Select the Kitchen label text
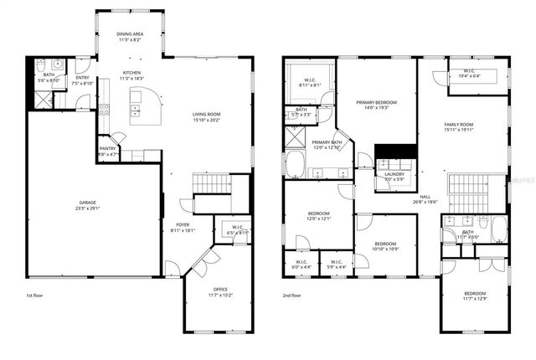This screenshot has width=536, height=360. (x=132, y=73)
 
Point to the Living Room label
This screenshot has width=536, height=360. (x=205, y=115)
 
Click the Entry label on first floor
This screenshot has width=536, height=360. (x=82, y=79)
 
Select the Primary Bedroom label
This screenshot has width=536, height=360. (x=374, y=102)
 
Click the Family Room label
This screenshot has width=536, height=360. (x=459, y=125)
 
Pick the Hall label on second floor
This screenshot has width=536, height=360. (x=425, y=198)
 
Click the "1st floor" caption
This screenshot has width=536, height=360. (x=36, y=295)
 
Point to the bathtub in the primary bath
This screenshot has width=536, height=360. (x=295, y=164)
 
